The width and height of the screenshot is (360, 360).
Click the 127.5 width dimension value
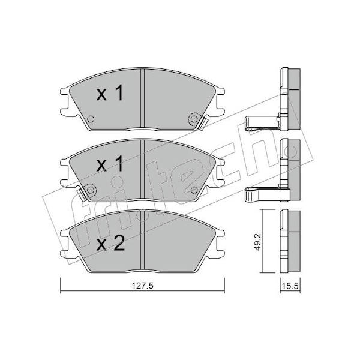pos(142,286)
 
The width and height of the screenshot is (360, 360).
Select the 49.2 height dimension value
pos(258,242)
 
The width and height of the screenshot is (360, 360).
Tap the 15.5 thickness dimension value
pos(290,286)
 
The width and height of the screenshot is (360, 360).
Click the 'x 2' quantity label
pos(110,244)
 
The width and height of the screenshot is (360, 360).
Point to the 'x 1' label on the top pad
pos(110,94)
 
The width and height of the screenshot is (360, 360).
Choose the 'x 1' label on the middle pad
pos(110,164)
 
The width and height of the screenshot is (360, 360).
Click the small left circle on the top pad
pos(91,119)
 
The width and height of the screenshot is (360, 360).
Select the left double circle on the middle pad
pos(91,190)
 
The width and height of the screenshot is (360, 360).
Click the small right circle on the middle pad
pos(194,190)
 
